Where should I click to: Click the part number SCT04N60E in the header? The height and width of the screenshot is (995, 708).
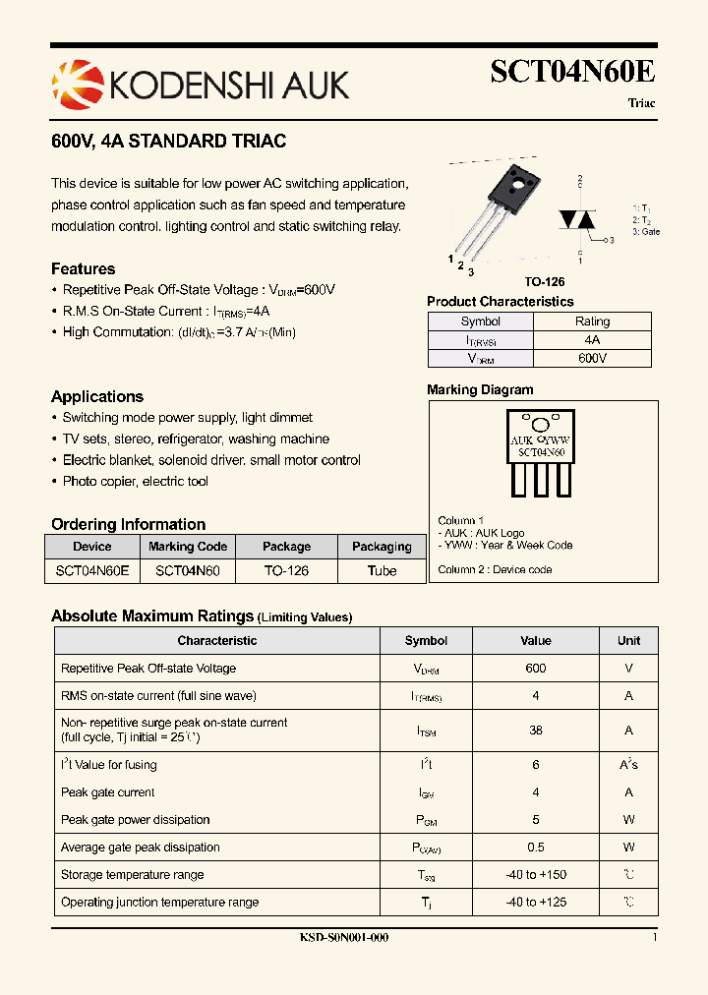(572, 73)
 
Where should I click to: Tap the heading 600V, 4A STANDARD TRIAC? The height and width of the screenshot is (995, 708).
(168, 142)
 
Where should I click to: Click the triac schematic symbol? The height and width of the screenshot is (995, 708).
(580, 220)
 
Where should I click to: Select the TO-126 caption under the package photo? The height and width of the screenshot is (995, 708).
(544, 281)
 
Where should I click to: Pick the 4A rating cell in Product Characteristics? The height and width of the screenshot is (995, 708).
(592, 339)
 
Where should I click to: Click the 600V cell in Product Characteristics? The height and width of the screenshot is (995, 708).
(592, 359)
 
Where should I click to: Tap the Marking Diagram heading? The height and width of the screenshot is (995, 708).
(480, 389)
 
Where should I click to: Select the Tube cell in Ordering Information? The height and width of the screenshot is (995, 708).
(382, 571)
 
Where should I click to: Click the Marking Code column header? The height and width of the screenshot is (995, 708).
(188, 547)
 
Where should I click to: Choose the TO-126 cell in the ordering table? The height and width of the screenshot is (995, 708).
(286, 571)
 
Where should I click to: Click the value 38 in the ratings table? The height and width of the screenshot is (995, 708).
(536, 731)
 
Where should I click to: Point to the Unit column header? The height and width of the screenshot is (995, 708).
(628, 641)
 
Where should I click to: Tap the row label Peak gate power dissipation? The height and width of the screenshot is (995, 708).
(136, 820)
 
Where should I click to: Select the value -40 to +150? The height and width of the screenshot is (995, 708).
(536, 875)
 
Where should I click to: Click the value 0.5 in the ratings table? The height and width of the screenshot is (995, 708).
(536, 848)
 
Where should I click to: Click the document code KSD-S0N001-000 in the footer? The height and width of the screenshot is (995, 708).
(344, 938)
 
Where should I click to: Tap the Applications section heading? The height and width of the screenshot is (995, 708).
(97, 397)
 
